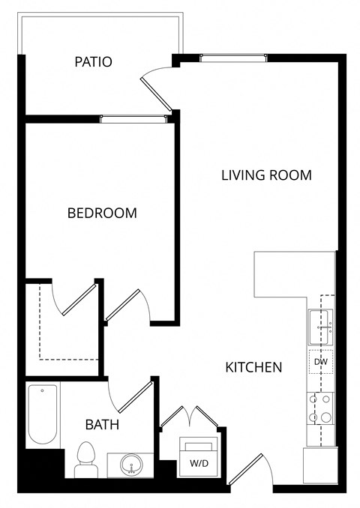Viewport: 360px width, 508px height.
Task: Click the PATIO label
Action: point(93,61)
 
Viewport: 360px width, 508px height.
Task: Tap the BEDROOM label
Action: point(102,213)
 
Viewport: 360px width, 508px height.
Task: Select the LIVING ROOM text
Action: point(266,175)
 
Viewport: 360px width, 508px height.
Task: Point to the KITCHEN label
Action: point(253,367)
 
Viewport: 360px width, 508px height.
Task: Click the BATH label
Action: point(102,425)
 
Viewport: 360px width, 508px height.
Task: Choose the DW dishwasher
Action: point(321,363)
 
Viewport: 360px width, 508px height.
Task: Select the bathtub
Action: point(43,415)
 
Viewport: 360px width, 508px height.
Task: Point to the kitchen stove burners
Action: point(320,408)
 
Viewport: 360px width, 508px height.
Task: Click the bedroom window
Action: point(133,118)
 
